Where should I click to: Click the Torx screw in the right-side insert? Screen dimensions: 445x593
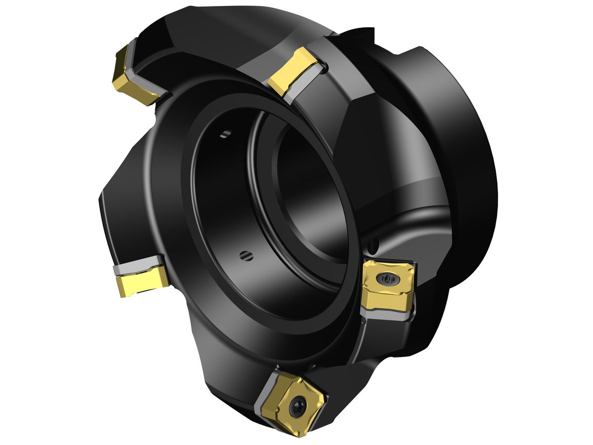point(387,280)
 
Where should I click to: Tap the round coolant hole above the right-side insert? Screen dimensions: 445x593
point(375,244)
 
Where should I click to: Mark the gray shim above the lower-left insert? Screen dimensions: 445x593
point(138,266)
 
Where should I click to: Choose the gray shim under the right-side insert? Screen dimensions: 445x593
point(385,312)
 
